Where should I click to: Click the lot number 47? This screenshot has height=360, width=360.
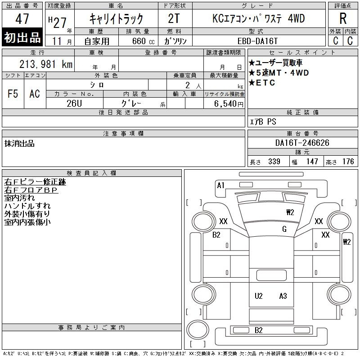coord(22,19)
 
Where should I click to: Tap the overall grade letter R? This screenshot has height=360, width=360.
coord(343,18)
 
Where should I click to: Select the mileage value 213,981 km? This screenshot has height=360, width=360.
coord(46,64)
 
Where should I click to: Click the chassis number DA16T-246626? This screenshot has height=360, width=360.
coord(302,143)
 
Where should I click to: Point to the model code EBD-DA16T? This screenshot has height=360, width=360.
coord(257,41)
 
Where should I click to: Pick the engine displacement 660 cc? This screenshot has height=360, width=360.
coord(143,41)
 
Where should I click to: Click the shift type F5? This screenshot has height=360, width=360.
coord(13,94)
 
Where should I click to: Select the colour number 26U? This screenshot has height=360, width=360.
coord(74,103)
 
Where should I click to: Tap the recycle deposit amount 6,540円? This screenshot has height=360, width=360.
coord(229,104)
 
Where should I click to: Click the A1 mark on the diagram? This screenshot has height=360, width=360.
coord(220,185)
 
